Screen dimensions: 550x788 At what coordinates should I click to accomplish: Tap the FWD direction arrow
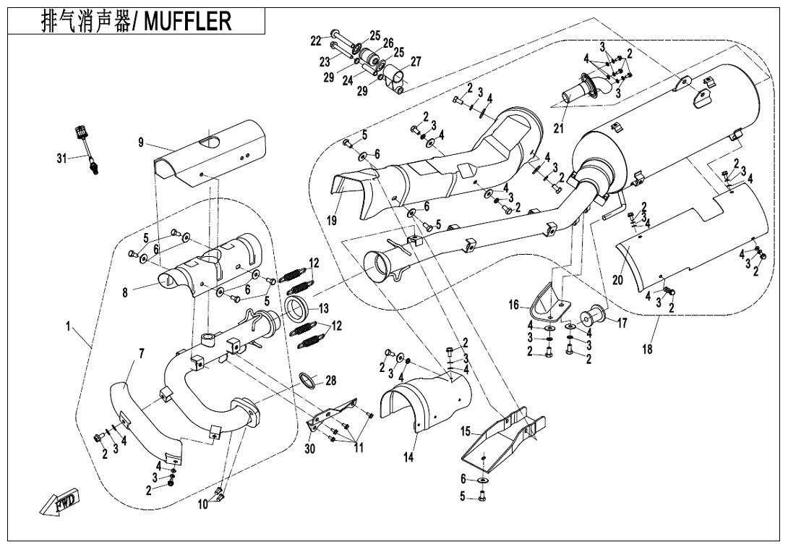coord(60,502)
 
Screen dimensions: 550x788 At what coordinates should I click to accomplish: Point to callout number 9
coord(142,143)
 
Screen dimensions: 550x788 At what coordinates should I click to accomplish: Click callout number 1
coord(69,327)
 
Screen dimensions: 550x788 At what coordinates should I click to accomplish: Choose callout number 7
coord(141,354)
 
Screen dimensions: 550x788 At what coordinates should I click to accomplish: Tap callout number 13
coord(323,309)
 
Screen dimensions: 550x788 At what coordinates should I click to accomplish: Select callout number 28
coord(330,381)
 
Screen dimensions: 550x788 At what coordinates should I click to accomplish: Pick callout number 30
coord(310,449)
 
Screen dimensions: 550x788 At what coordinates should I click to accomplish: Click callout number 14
coord(409,457)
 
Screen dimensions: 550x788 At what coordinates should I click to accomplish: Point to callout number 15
coord(466,432)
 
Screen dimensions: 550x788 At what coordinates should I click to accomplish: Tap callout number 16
coord(514,305)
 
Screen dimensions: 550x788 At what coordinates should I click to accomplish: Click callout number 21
coord(558,129)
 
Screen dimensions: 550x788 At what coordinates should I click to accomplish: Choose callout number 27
coord(416,62)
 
